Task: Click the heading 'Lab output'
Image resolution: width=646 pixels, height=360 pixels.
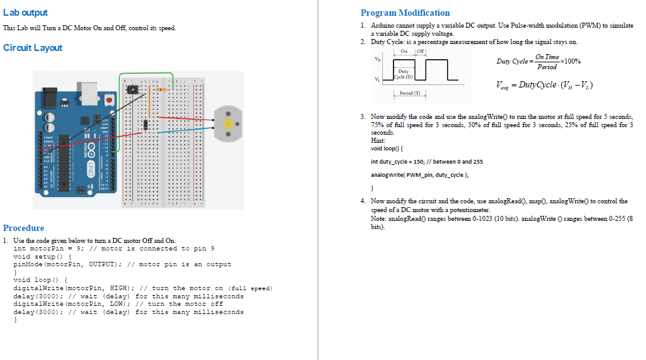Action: click(x=25, y=13)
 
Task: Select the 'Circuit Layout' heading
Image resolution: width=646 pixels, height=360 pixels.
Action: click(x=33, y=48)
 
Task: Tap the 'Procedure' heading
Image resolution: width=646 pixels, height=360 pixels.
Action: click(x=24, y=228)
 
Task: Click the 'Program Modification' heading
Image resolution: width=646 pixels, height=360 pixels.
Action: click(x=405, y=13)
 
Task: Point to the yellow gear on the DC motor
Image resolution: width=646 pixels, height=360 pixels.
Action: click(x=229, y=121)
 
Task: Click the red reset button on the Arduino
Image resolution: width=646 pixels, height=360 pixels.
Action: click(x=110, y=99)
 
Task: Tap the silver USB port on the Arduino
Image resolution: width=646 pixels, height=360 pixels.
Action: click(x=88, y=92)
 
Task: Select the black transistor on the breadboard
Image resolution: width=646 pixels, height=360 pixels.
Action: click(x=133, y=90)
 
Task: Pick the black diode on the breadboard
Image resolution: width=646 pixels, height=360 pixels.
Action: click(x=146, y=125)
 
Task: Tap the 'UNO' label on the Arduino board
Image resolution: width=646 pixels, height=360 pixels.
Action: click(x=91, y=168)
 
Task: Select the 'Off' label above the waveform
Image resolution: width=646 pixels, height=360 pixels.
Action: click(x=421, y=51)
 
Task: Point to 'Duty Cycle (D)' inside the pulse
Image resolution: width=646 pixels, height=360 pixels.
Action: click(x=404, y=74)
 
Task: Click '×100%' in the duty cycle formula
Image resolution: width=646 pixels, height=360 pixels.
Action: click(x=570, y=62)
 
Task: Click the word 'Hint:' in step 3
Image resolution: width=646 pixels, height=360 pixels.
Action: click(x=378, y=140)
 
